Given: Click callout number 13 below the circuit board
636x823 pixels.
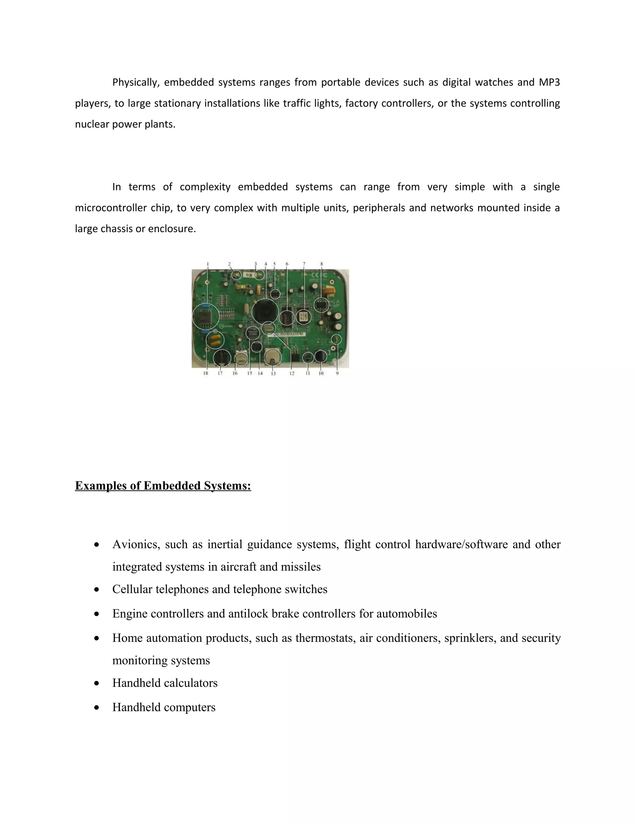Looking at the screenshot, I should tap(273, 373).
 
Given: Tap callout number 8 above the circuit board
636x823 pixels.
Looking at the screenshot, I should tap(321, 264).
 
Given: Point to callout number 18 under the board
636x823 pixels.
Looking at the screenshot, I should tap(206, 373).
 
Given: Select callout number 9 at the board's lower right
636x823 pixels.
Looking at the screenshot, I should tap(337, 373).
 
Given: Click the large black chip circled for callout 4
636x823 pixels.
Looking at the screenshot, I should tap(265, 311).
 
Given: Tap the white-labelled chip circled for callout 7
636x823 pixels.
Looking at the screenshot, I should tap(303, 317).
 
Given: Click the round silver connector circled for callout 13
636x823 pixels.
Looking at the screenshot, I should tap(272, 357).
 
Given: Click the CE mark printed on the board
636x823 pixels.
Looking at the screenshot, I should tap(316, 275).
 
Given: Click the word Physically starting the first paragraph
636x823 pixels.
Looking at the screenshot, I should tap(136, 82).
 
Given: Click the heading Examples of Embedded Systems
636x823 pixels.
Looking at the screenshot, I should tap(163, 486).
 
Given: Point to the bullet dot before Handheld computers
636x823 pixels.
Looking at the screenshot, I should tap(97, 707).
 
